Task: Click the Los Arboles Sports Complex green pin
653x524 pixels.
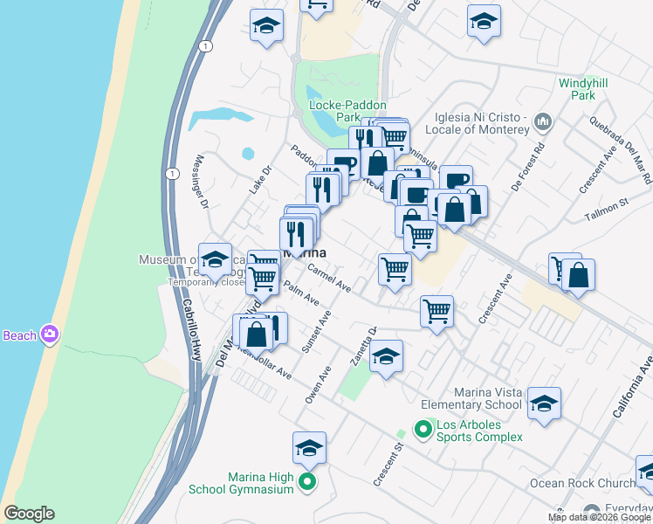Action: coord(423,429)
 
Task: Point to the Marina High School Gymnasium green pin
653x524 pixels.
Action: coord(307,482)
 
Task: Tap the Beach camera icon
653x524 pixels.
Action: coord(51,334)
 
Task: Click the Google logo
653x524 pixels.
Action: coord(28,514)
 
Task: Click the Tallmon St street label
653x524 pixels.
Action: coord(611,203)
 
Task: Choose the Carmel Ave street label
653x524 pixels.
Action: coord(329,280)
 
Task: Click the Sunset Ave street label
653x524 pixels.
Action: coord(315,334)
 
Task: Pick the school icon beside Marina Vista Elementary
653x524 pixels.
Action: coord(544,403)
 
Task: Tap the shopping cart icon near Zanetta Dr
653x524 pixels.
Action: coord(436,310)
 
